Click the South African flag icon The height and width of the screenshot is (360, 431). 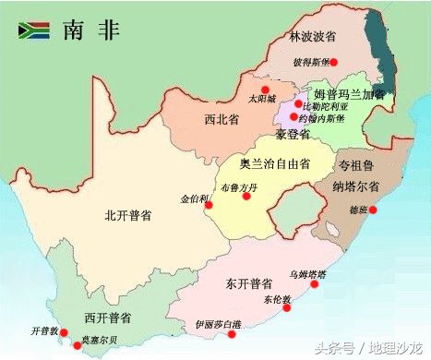tap(33, 30)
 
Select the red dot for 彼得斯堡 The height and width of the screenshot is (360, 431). tap(334, 63)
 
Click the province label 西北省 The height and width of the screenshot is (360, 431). tap(222, 118)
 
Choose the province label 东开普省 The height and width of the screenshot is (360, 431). tap(247, 282)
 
